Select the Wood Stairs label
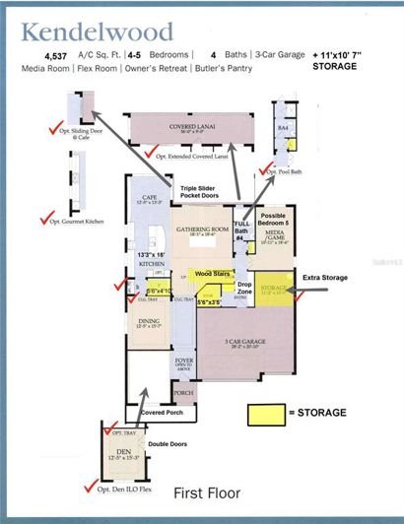coord(213,273)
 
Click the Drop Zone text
coord(244,287)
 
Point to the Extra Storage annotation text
coord(325,279)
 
